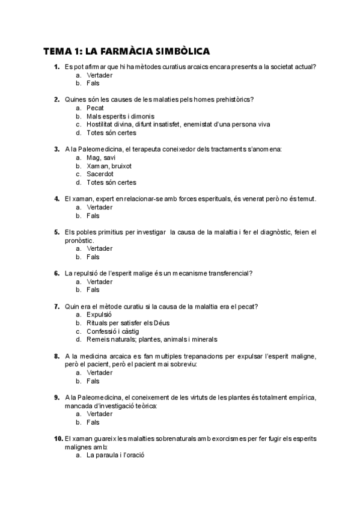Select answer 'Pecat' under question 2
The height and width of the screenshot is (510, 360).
point(95,108)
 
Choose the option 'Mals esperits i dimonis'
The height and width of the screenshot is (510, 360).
point(120,116)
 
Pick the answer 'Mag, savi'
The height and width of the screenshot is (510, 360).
point(100,158)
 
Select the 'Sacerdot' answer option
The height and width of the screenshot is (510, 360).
point(100,174)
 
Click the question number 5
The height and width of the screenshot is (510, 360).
point(56,232)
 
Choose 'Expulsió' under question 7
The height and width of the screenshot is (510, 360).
point(99,314)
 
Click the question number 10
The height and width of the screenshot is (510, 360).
point(58,438)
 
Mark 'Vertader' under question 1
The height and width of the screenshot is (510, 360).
point(99,75)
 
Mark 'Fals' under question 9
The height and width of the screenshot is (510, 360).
point(93,422)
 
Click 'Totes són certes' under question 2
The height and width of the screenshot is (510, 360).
point(111,133)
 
